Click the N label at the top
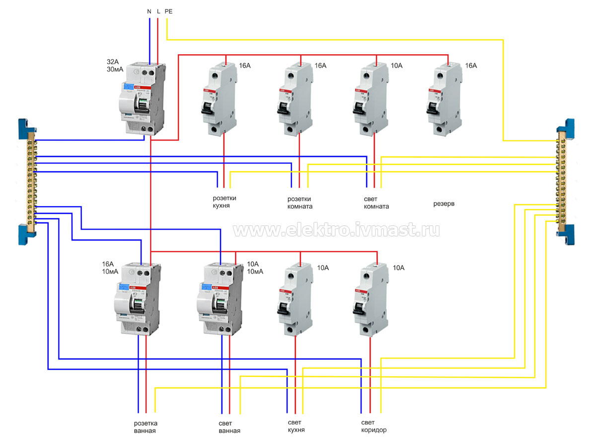point(149,11)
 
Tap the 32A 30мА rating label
point(115,66)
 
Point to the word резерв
point(444,204)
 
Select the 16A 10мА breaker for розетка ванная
point(138,300)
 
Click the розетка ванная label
point(146,426)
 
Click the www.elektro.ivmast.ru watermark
point(336,230)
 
